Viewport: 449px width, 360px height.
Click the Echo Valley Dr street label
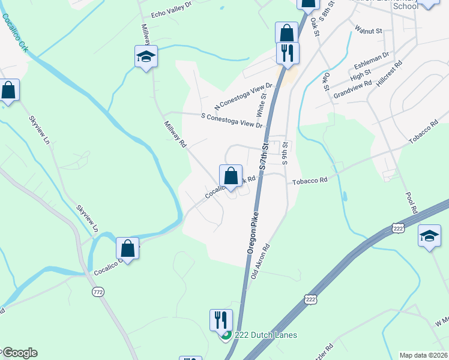tap(171, 13)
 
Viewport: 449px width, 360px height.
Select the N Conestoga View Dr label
tap(239, 96)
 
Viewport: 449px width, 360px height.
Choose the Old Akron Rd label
tap(260, 262)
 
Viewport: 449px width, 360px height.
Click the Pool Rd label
tap(411, 203)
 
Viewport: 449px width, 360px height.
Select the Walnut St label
tap(369, 28)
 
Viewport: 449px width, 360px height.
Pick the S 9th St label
tap(286, 153)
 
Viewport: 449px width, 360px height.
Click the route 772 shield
tap(98, 292)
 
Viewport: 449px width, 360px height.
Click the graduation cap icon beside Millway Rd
tap(146, 56)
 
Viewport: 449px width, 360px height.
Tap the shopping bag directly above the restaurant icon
tap(287, 32)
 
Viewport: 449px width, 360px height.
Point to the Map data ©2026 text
tap(423, 355)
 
